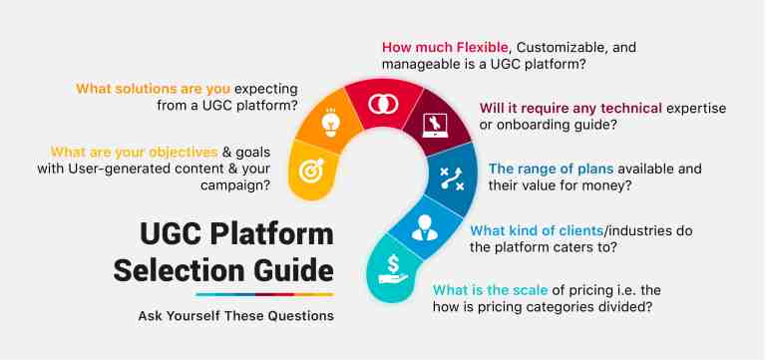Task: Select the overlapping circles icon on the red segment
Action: (379, 104)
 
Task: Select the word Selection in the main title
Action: (169, 268)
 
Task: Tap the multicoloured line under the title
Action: (264, 295)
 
